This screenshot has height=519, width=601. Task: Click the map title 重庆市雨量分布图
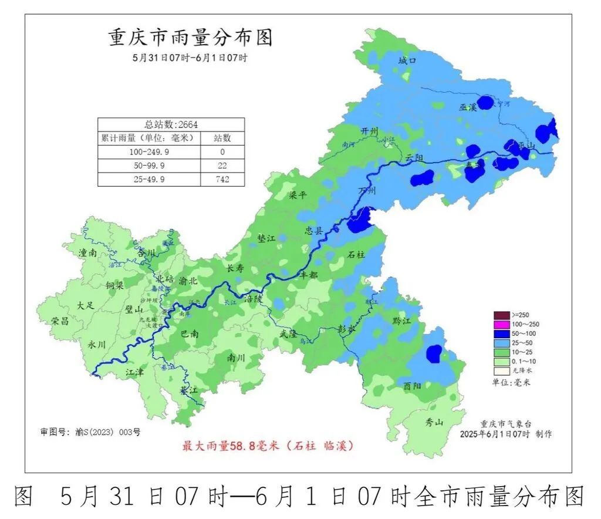pos(191,38)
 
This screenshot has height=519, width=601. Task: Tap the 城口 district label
pos(406,61)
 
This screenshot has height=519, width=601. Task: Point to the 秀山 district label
pos(435,423)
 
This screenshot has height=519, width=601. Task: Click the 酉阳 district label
pos(413,386)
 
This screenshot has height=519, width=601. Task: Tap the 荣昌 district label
pos(60,321)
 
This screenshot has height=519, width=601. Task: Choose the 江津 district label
pos(134,372)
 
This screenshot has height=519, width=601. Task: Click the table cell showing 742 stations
pos(222,180)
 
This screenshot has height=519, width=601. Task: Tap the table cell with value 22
pos(222,166)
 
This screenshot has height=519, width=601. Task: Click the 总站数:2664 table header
pos(171,124)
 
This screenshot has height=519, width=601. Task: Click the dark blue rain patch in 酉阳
pos(433,353)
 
